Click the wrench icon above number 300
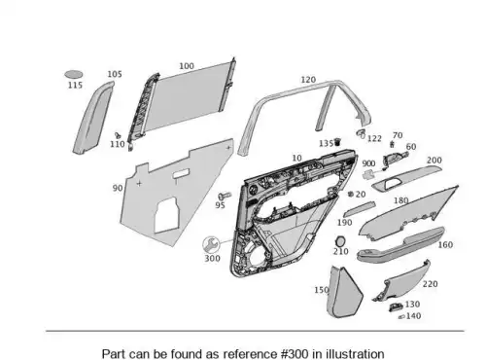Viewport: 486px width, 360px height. point(211,244)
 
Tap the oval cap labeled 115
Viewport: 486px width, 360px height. point(74,75)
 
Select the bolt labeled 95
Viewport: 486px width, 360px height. point(225,196)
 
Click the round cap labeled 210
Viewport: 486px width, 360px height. point(340,241)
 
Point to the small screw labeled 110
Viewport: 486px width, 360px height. point(118,135)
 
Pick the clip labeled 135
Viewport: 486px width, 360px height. point(337,142)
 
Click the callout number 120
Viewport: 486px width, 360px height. point(308,80)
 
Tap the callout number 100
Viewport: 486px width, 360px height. point(187,66)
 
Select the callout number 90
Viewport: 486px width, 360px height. point(118,188)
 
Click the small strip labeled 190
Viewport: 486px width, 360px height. point(360,208)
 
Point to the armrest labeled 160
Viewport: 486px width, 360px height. point(400,244)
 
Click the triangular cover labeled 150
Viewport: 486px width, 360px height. point(344,292)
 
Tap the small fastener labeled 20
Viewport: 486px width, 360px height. point(351,194)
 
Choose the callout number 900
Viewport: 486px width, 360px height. point(368,163)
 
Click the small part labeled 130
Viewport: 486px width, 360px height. point(397,306)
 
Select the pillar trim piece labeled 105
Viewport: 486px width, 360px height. point(93,118)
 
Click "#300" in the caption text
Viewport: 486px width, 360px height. point(295,353)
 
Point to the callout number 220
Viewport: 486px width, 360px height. point(431,284)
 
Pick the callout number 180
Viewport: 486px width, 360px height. point(400,200)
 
